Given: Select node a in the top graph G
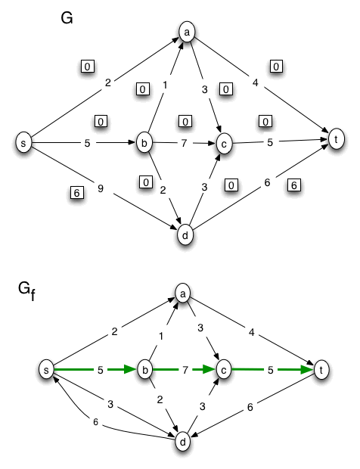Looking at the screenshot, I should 186,32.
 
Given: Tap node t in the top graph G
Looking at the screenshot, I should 335,138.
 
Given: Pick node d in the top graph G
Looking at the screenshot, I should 183,234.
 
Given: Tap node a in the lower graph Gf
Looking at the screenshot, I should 182,292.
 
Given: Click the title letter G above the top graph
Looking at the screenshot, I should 67,17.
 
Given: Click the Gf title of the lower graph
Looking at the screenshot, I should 27,289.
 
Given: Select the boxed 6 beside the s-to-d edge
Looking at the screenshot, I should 76,193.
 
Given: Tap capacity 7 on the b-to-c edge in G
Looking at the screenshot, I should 182,142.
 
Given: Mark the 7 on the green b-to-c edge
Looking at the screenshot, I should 182,370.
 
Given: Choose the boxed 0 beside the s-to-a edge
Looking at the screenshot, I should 88,67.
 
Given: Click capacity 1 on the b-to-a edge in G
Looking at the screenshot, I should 164,86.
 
